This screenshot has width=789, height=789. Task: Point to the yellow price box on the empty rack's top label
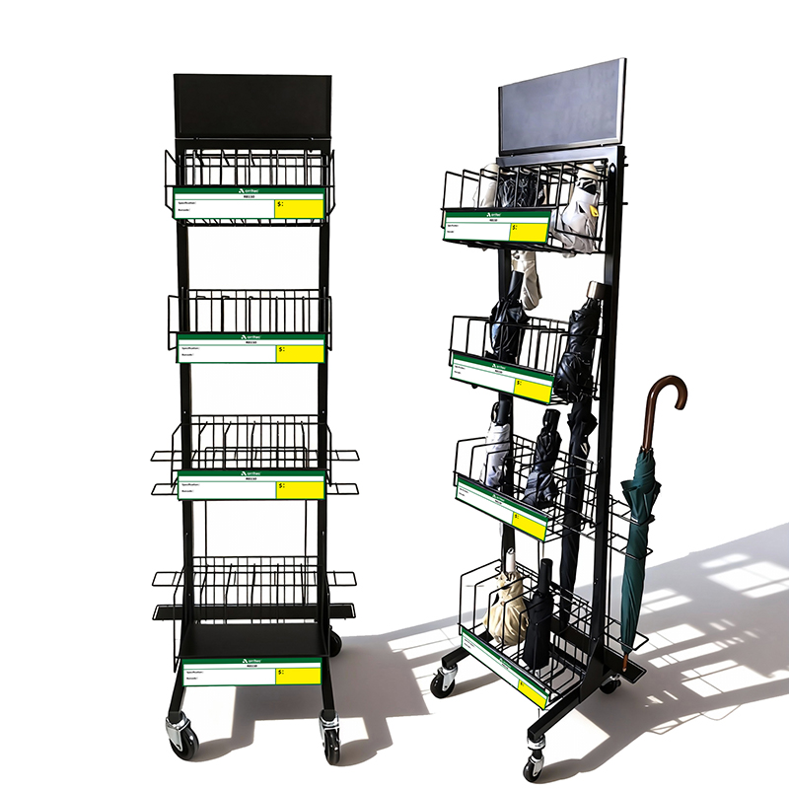(x=299, y=208)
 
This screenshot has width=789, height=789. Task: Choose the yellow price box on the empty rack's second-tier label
(x=300, y=353)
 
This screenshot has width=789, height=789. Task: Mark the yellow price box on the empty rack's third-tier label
(x=300, y=489)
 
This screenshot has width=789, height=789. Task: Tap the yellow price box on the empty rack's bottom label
(x=298, y=675)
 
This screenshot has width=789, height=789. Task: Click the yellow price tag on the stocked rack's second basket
(x=533, y=390)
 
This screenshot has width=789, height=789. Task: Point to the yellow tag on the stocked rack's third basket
(x=530, y=525)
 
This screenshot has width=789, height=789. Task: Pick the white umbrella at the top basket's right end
(x=579, y=217)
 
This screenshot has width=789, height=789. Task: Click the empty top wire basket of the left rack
(x=249, y=169)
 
